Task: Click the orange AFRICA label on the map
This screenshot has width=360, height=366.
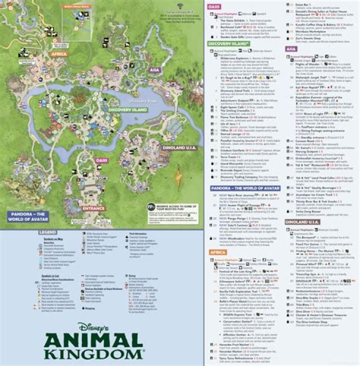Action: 59,54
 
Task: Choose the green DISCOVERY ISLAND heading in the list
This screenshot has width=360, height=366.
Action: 228,44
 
